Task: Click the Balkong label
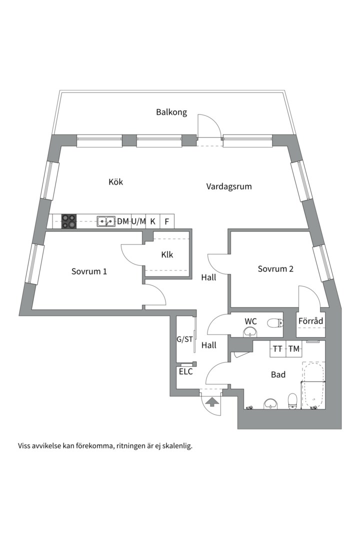click(171, 112)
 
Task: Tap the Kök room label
click(116, 182)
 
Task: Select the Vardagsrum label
click(229, 186)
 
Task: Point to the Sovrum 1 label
click(89, 271)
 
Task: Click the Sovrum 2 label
click(275, 269)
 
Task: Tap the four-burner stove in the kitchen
click(69, 221)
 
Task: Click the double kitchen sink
click(106, 221)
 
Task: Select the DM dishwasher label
click(123, 221)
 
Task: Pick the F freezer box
click(167, 221)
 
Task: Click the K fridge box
click(153, 221)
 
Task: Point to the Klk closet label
click(167, 255)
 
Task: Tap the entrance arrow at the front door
click(211, 401)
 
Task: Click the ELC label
click(185, 372)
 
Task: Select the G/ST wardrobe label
click(185, 339)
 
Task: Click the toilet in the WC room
click(275, 323)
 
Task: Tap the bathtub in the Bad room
click(313, 385)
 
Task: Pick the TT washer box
click(277, 349)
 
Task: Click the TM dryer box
click(294, 349)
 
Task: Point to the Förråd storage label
click(310, 321)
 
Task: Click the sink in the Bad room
click(271, 403)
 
